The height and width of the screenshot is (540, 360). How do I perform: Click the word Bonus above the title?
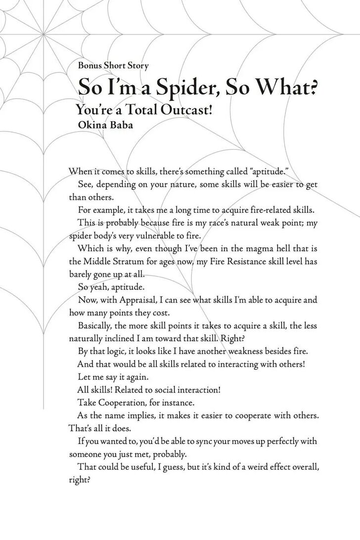coord(90,65)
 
